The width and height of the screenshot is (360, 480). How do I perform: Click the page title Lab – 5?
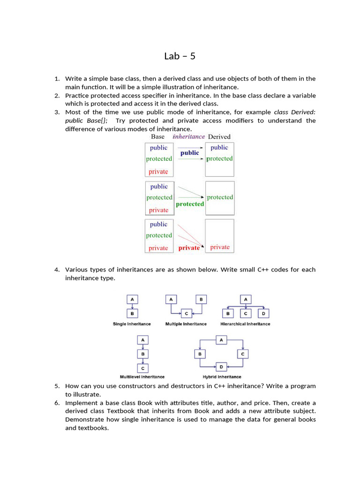pyautogui.click(x=180, y=56)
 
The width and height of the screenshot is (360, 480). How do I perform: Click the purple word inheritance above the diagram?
pyautogui.click(x=188, y=136)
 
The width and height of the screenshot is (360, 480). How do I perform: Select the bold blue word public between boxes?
pyautogui.click(x=189, y=153)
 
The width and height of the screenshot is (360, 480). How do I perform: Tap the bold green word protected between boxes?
pyautogui.click(x=190, y=204)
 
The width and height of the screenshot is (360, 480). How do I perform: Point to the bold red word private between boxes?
pyautogui.click(x=189, y=248)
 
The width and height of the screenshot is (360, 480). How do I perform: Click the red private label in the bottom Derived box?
pyautogui.click(x=220, y=247)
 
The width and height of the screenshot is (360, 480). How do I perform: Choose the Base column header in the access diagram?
pyautogui.click(x=157, y=136)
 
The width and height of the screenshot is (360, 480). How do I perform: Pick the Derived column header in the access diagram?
pyautogui.click(x=219, y=136)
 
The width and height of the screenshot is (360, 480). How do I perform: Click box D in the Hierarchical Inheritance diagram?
pyautogui.click(x=263, y=313)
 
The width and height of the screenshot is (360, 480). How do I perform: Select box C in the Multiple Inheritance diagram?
pyautogui.click(x=186, y=313)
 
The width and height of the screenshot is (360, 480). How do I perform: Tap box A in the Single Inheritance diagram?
pyautogui.click(x=132, y=299)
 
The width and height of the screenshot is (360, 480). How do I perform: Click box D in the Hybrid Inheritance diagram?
pyautogui.click(x=221, y=366)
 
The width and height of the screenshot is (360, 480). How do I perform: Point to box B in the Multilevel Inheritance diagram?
pyautogui.click(x=142, y=354)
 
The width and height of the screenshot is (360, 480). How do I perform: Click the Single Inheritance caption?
pyautogui.click(x=132, y=324)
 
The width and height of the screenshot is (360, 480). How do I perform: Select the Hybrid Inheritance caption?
pyautogui.click(x=222, y=377)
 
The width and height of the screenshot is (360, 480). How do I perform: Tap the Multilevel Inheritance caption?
pyautogui.click(x=142, y=377)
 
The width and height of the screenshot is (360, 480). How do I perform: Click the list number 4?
pyautogui.click(x=56, y=270)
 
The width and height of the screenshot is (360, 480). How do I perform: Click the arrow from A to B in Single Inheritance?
pyautogui.click(x=132, y=306)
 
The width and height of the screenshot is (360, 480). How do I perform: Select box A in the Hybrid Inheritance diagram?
pyautogui.click(x=221, y=339)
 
